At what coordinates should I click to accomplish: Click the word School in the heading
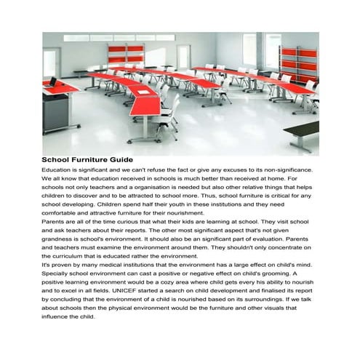coord(55,159)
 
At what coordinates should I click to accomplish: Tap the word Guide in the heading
coord(119,159)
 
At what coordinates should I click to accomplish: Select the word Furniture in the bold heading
coord(87,159)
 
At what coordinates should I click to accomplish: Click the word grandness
coord(59,238)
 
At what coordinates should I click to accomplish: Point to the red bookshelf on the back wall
coord(121,52)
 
